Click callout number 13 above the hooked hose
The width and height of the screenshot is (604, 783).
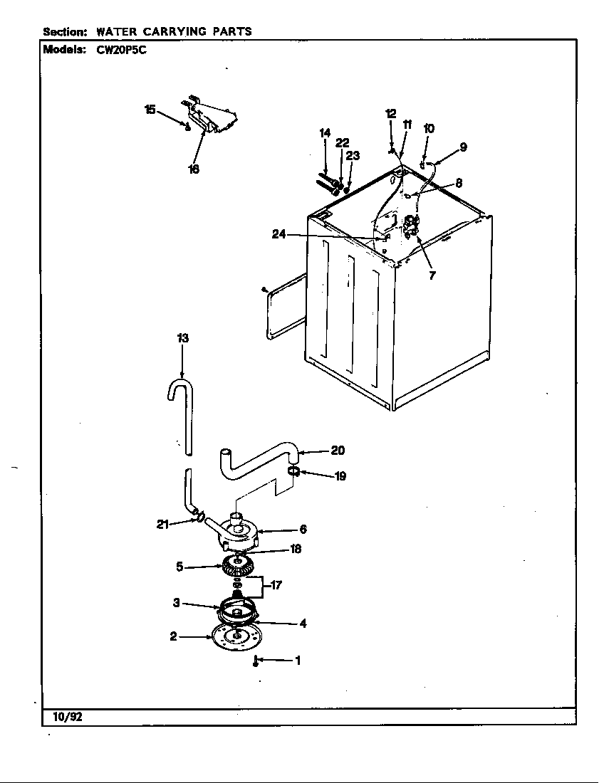click(x=183, y=339)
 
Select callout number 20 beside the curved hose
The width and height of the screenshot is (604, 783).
click(x=338, y=450)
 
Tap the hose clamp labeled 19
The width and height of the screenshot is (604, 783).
click(x=293, y=471)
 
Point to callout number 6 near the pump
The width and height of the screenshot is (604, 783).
click(x=303, y=530)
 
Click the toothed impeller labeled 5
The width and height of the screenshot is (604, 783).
click(x=236, y=567)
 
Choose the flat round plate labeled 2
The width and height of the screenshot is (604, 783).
click(x=234, y=636)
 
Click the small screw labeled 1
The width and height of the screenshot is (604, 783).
click(x=256, y=662)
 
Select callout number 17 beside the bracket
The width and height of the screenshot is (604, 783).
click(x=276, y=586)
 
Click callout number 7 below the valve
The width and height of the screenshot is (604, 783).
click(x=432, y=276)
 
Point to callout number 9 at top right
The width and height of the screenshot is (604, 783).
click(x=463, y=147)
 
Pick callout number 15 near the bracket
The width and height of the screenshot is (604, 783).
click(x=150, y=109)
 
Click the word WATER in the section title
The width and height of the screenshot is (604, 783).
click(x=118, y=31)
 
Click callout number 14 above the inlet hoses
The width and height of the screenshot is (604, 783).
click(x=325, y=132)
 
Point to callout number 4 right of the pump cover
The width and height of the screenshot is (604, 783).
click(x=303, y=624)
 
